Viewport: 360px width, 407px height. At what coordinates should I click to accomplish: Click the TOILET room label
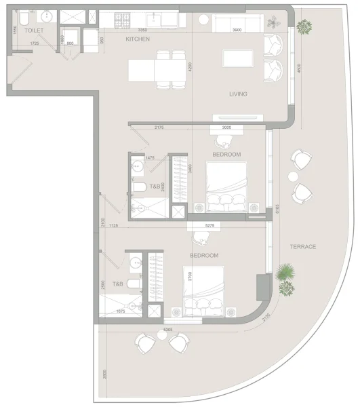click(34, 31)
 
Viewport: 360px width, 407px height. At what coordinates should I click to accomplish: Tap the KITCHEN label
click(138, 39)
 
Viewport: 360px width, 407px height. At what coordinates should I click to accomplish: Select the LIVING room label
click(237, 94)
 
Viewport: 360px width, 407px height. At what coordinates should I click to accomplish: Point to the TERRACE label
click(303, 246)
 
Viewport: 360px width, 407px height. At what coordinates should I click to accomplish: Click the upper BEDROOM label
click(226, 155)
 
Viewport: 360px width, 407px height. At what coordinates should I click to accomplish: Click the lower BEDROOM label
click(203, 256)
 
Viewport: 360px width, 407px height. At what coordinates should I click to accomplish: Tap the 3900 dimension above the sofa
click(237, 31)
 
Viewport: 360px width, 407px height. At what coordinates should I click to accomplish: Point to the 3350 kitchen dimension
click(143, 31)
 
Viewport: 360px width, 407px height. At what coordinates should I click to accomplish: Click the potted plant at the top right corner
click(304, 27)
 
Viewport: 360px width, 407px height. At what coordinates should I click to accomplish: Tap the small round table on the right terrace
click(293, 176)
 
